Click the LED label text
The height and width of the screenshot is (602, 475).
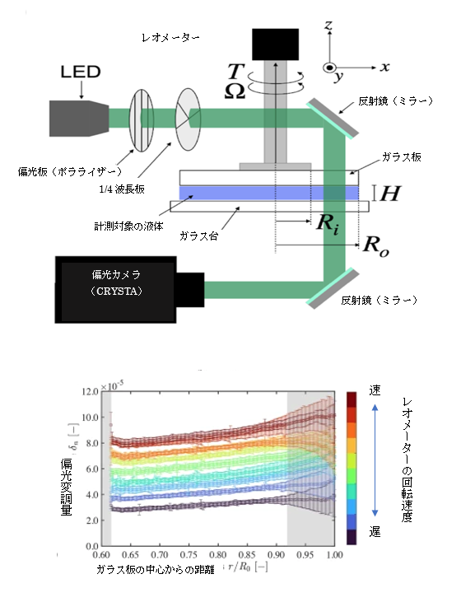tap(81, 72)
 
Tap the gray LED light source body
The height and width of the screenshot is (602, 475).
tap(79, 119)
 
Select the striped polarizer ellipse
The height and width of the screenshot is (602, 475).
tap(142, 119)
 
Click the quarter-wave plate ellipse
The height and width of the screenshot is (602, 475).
tap(188, 119)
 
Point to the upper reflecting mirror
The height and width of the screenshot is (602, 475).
tap(333, 118)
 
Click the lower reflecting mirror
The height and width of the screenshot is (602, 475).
tap(333, 289)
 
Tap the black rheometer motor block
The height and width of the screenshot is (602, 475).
tap(275, 44)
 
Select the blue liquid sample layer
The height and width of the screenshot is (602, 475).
tap(269, 193)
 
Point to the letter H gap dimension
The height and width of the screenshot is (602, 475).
tap(390, 193)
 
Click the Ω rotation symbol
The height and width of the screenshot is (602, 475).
tap(235, 91)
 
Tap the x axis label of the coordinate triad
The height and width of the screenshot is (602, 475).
tap(384, 68)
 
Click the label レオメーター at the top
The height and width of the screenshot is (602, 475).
tap(170, 38)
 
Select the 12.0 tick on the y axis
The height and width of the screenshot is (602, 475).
tap(91, 392)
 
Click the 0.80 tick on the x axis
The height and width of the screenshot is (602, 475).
tap(217, 555)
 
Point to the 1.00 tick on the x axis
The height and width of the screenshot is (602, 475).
tap(334, 555)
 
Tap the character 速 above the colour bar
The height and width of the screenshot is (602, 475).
tap(375, 390)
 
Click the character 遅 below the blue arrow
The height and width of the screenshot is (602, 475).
tap(375, 531)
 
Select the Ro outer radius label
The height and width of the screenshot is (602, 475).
tap(376, 246)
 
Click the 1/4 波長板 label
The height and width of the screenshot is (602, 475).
tap(122, 189)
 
